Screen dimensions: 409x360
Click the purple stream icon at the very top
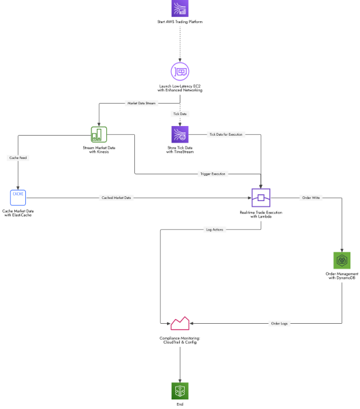click(x=180, y=8)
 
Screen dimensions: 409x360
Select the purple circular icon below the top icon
click(x=180, y=71)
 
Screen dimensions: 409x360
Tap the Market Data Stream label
click(x=141, y=103)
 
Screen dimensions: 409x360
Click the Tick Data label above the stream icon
click(x=180, y=114)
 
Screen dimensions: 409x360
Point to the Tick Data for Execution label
click(x=226, y=134)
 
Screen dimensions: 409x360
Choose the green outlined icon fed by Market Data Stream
click(x=99, y=134)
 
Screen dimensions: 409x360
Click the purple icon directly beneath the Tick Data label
click(x=180, y=134)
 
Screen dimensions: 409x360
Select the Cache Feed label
click(x=18, y=157)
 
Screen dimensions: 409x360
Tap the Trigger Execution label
click(x=213, y=174)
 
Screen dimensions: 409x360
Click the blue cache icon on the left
click(x=18, y=198)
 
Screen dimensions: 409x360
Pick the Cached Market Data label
click(x=116, y=198)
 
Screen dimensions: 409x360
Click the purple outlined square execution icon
click(x=261, y=198)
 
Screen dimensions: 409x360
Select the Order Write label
click(x=311, y=198)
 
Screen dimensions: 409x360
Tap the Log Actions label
click(x=214, y=230)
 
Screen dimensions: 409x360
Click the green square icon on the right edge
click(x=342, y=260)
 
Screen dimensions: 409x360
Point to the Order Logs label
click(x=280, y=323)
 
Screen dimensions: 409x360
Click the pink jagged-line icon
click(x=180, y=323)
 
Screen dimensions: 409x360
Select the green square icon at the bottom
click(x=180, y=391)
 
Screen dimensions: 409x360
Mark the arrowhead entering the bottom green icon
click(x=180, y=380)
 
